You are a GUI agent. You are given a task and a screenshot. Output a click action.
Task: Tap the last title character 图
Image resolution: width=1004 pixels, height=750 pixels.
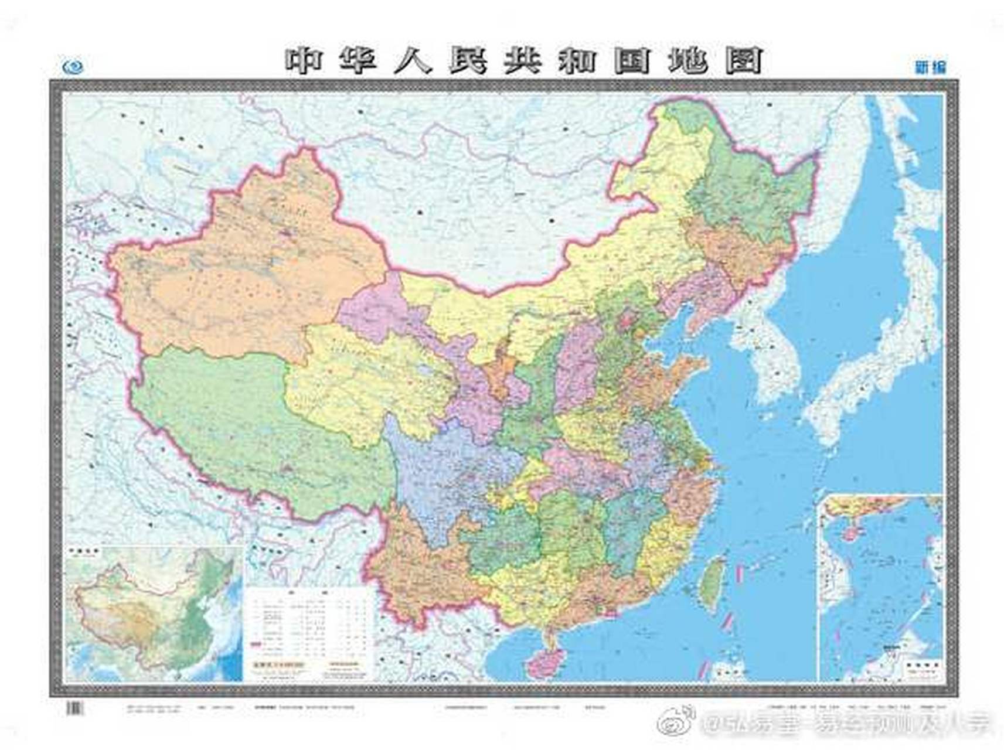(744, 60)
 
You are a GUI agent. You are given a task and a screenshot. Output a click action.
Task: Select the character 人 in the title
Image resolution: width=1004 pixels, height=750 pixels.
(413, 60)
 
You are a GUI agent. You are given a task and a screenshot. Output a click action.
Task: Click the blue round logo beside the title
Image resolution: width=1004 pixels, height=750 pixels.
(73, 67)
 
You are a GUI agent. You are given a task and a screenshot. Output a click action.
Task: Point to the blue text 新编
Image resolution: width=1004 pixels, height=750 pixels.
(930, 67)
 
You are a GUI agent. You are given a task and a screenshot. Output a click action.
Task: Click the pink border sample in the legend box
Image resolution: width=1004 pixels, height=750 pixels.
(256, 644)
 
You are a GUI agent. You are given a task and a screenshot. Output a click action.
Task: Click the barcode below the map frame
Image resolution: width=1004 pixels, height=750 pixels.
(74, 708)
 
